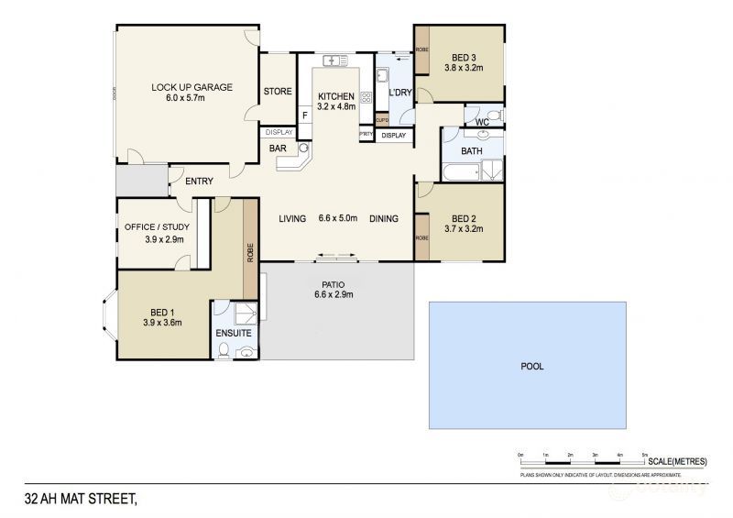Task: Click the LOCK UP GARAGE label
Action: click(x=191, y=88)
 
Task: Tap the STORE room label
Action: click(x=278, y=92)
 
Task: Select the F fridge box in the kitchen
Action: click(x=305, y=116)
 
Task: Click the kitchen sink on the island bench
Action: click(x=332, y=61)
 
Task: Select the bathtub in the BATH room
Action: click(x=462, y=171)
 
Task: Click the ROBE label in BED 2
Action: click(x=421, y=237)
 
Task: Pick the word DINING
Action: click(x=384, y=218)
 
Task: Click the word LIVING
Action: click(x=292, y=218)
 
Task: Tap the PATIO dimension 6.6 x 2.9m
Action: click(x=334, y=294)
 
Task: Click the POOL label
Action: click(x=532, y=366)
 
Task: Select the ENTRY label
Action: click(x=199, y=182)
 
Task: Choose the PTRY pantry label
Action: click(x=366, y=136)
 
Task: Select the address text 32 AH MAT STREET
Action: click(x=81, y=500)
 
